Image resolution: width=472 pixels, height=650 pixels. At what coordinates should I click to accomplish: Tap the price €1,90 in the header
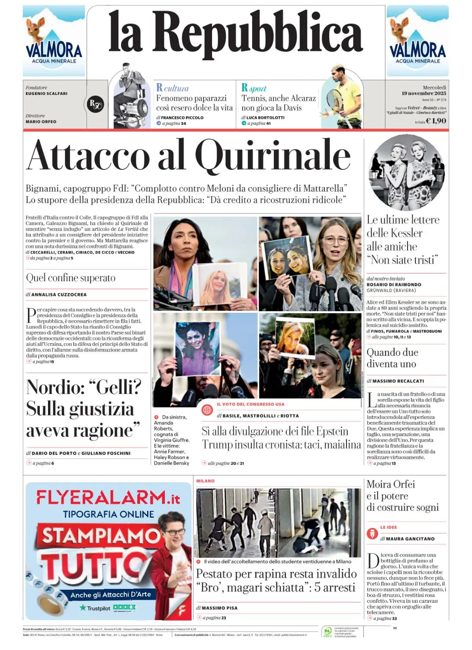[436, 121]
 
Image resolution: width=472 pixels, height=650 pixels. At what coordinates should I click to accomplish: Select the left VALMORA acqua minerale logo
[54, 41]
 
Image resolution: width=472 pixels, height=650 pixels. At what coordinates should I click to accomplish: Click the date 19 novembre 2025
[424, 93]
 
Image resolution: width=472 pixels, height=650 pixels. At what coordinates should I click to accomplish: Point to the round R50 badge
[95, 104]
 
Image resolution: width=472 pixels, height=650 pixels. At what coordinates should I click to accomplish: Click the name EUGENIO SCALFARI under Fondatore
[46, 94]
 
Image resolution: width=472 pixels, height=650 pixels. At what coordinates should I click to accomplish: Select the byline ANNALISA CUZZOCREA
[59, 295]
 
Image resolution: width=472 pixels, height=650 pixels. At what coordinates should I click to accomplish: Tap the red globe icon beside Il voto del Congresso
[207, 409]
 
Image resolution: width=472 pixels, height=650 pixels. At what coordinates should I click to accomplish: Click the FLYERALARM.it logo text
[108, 497]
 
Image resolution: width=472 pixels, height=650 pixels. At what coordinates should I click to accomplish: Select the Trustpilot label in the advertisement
[98, 608]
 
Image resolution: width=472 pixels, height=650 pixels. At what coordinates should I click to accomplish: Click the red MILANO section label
[205, 481]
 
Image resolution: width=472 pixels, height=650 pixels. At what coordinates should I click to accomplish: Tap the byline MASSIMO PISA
[219, 608]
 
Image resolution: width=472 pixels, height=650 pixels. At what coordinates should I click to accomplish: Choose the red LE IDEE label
[389, 527]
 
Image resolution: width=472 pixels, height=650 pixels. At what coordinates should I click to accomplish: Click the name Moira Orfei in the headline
[391, 484]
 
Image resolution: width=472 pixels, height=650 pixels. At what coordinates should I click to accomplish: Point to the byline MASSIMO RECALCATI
[398, 381]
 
